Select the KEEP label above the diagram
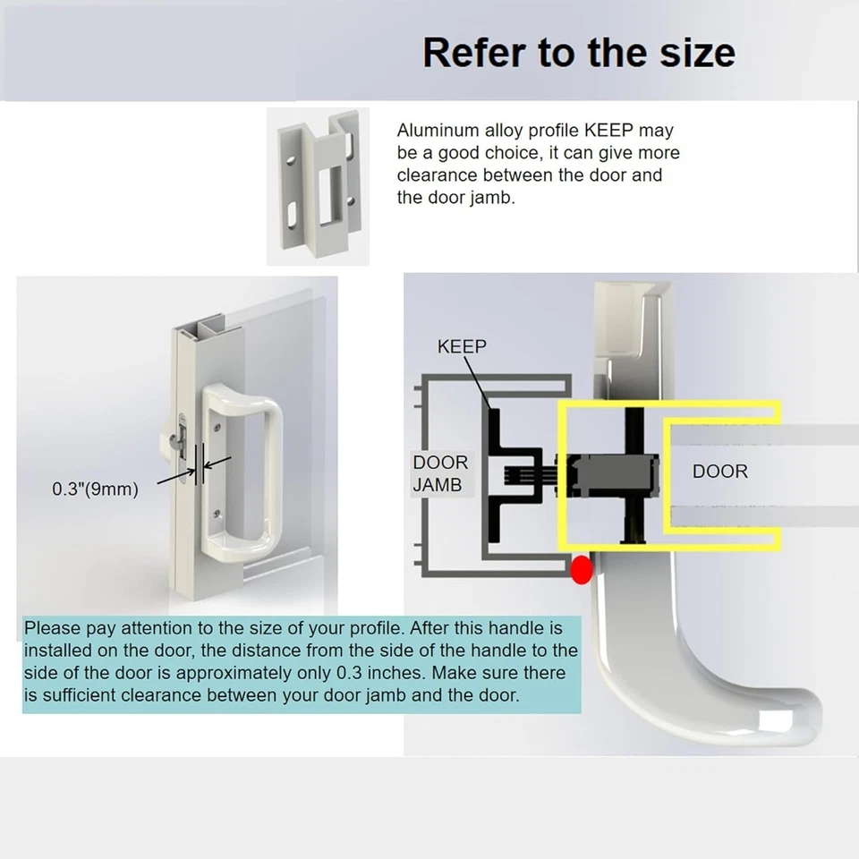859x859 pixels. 462,347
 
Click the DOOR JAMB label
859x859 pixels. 440,473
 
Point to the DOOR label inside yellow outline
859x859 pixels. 719,471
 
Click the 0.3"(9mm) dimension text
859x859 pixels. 95,489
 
